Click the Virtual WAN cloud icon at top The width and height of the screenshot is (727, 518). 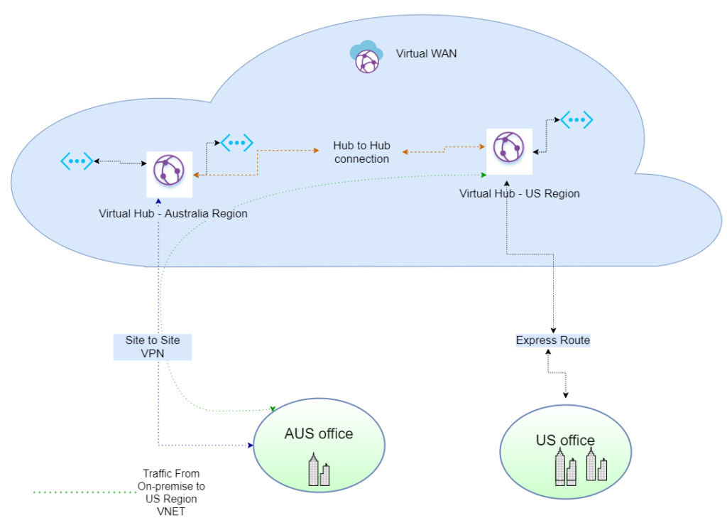[x=366, y=56]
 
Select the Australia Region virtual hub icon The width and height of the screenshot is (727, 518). [x=169, y=170]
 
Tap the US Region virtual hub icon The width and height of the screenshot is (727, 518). [x=508, y=147]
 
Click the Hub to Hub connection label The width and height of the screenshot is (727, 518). [x=361, y=152]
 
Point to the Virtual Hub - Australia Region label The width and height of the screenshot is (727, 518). [x=173, y=213]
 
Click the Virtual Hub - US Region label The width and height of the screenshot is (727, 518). [x=519, y=193]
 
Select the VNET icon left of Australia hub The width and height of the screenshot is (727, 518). [x=77, y=161]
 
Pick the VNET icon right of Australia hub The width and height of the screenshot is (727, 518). [x=236, y=143]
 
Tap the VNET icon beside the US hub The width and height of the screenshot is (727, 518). [x=576, y=120]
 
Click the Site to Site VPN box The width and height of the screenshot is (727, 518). [x=153, y=347]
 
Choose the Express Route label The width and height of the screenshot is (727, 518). [x=552, y=340]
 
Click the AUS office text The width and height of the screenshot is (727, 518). [x=319, y=433]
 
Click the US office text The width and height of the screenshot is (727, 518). [x=565, y=441]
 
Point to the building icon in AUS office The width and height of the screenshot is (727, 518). [x=319, y=470]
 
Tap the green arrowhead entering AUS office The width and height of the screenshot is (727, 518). [x=273, y=409]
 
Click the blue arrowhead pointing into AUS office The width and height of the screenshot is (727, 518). [x=251, y=446]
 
